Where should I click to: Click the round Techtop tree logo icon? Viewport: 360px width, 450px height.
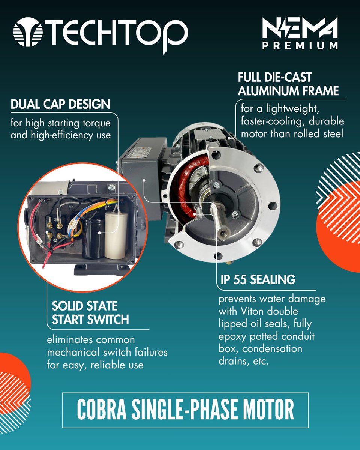[x=28, y=32]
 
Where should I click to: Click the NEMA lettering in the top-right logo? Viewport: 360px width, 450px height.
[x=300, y=28]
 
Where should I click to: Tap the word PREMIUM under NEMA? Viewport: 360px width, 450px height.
[x=300, y=46]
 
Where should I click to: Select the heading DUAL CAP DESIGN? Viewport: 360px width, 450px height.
[x=60, y=104]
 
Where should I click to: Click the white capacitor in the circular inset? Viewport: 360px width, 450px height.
[x=116, y=235]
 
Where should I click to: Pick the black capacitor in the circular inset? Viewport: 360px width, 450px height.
[x=93, y=238]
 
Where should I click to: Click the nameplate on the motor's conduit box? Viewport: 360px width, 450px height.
[x=140, y=152]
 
